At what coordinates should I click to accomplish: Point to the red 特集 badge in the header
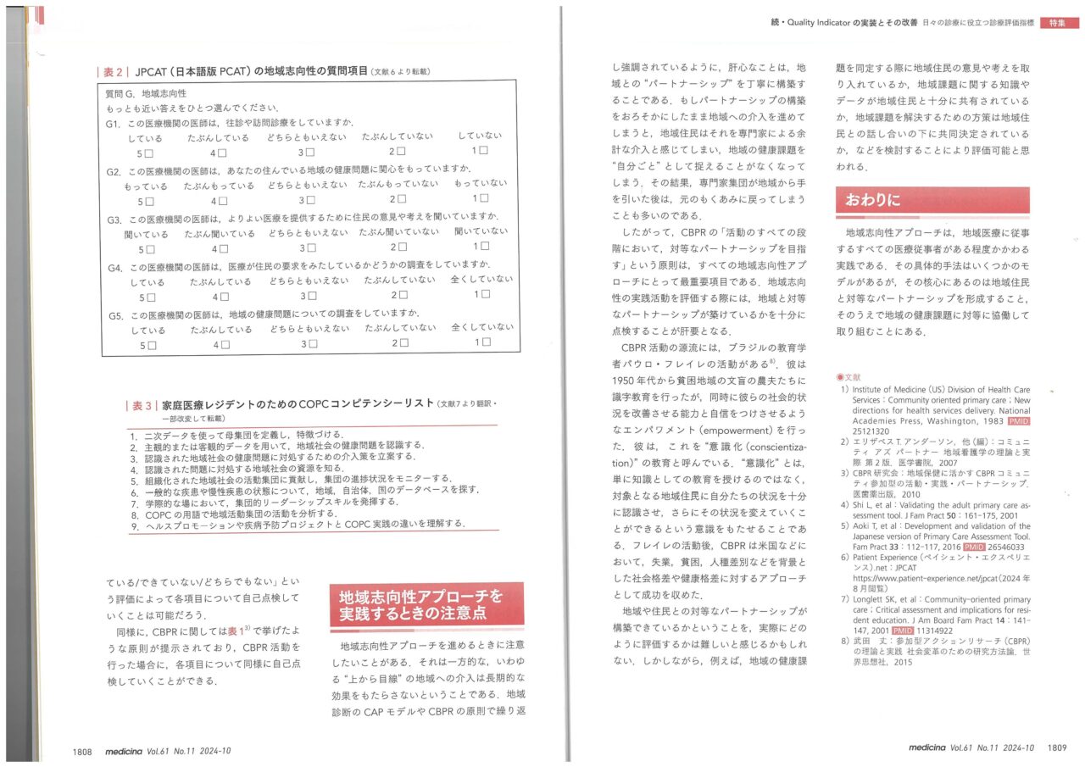[x=1059, y=23]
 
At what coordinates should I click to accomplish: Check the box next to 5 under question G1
[x=149, y=153]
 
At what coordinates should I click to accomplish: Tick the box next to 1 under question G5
[x=486, y=342]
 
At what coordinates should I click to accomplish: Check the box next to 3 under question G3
[x=311, y=248]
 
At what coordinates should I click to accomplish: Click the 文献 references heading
[x=849, y=376]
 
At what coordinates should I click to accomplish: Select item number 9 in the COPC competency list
[x=135, y=524]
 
